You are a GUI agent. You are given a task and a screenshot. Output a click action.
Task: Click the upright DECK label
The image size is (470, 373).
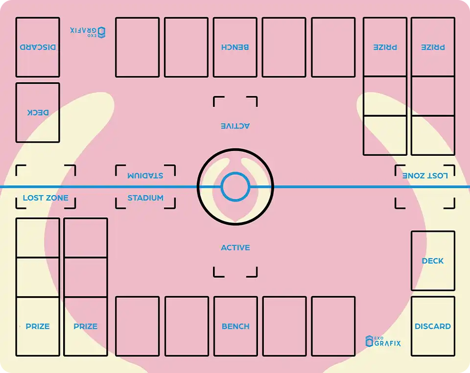pyautogui.click(x=433, y=261)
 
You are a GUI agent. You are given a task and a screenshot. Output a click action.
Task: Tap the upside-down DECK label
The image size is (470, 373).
pyautogui.click(x=38, y=112)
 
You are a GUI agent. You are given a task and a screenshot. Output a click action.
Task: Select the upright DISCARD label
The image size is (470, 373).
pyautogui.click(x=433, y=326)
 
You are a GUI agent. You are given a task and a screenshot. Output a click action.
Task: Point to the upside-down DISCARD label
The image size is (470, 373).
pyautogui.click(x=38, y=47)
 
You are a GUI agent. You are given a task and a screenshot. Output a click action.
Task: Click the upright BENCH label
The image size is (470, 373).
pyautogui.click(x=235, y=326)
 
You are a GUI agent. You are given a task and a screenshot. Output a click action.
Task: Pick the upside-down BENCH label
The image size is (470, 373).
pyautogui.click(x=235, y=47)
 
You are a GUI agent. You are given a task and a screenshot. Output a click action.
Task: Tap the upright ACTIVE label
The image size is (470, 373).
pyautogui.click(x=235, y=248)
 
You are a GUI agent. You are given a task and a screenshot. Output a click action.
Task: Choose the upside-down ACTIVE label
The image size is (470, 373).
pyautogui.click(x=235, y=126)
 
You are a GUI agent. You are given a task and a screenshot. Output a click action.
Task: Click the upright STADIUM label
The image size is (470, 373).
pyautogui.click(x=145, y=198)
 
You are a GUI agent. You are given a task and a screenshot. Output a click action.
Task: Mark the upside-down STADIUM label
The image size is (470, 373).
pyautogui.click(x=145, y=175)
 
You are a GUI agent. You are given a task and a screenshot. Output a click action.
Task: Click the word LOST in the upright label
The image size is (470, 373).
pyautogui.click(x=33, y=198)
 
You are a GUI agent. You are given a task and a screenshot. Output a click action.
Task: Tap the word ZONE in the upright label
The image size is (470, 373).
pyautogui.click(x=57, y=198)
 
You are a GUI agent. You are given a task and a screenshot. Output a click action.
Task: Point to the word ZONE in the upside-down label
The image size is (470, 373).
pyautogui.click(x=413, y=175)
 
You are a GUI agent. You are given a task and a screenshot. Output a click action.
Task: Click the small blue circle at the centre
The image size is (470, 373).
pyautogui.click(x=235, y=187)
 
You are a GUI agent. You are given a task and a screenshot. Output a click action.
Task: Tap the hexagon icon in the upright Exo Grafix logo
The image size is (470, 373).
pyautogui.click(x=369, y=341)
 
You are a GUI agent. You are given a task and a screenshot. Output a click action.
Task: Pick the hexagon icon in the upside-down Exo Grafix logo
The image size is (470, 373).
pyautogui.click(x=101, y=32)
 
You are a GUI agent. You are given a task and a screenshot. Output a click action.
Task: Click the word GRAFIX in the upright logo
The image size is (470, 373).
pyautogui.click(x=387, y=343)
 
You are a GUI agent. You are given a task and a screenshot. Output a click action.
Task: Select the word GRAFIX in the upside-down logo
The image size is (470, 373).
pyautogui.click(x=83, y=30)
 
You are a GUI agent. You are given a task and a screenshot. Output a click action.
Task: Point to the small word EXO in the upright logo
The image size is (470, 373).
pyautogui.click(x=378, y=338)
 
